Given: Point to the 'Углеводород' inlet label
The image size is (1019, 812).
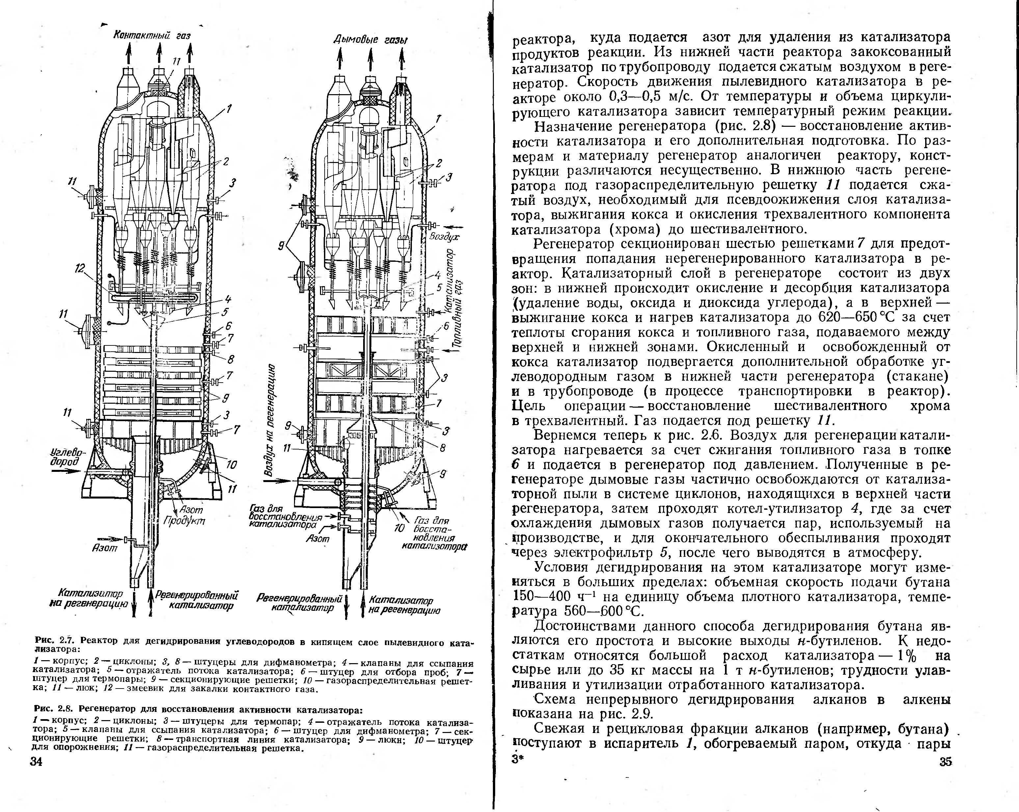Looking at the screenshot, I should pyautogui.click(x=66, y=457).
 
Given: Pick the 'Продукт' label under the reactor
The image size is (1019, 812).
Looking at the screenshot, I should pyautogui.click(x=184, y=521).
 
